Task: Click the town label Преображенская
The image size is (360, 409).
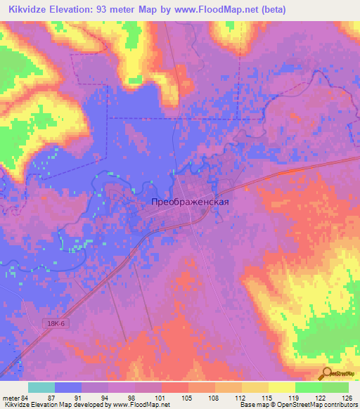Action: (x=190, y=201)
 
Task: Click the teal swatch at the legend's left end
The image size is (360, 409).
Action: (x=41, y=387)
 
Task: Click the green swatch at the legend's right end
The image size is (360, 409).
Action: (x=335, y=387)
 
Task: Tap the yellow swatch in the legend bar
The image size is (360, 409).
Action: (x=281, y=387)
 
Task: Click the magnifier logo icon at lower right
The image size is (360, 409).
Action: (x=327, y=374)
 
